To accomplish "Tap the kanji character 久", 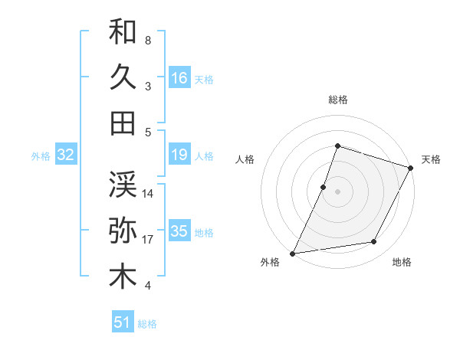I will (x=123, y=77).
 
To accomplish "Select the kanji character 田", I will (x=123, y=123).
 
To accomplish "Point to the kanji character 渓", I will (x=123, y=183).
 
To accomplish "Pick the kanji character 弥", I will (x=123, y=230).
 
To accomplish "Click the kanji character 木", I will (x=123, y=277).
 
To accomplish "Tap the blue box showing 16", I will (x=179, y=78).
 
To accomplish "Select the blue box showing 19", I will (x=179, y=155).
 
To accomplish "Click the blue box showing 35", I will (x=179, y=232).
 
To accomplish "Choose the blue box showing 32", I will (x=66, y=155).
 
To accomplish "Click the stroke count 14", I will (x=149, y=193).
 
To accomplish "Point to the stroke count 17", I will (x=149, y=240).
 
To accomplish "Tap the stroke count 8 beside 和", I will (x=147, y=40).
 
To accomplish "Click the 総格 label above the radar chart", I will (x=337, y=100).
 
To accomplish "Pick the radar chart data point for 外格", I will (x=292, y=253).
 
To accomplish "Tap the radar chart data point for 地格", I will (x=374, y=242).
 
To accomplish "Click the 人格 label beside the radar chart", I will (x=245, y=159).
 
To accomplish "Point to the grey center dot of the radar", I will (x=337, y=191).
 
